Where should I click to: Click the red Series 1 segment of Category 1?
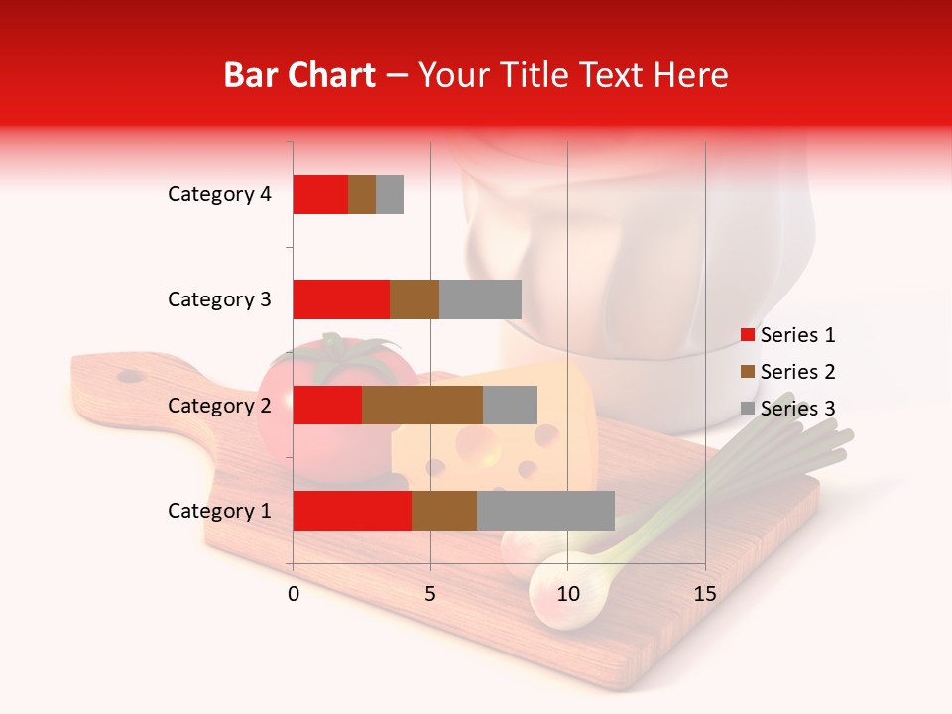pos(352,511)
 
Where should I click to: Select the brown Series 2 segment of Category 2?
pos(422,406)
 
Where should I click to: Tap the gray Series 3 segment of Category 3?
pos(480,299)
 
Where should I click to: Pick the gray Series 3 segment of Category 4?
pos(390,194)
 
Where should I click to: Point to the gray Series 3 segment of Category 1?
pos(545,511)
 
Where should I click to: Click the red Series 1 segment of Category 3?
pos(341,299)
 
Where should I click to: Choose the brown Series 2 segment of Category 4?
pos(362,194)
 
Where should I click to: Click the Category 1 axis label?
pos(219,511)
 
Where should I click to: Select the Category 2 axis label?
pos(219,406)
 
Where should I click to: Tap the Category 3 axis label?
pos(219,299)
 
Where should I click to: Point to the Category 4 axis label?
pos(219,194)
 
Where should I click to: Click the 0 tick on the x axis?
pos(294,594)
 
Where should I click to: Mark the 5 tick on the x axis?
pos(430,594)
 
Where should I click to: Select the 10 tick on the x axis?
pos(567,594)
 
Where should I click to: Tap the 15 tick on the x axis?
pos(705,594)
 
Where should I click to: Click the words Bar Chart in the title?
pos(298,75)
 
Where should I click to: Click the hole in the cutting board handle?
pos(130,376)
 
